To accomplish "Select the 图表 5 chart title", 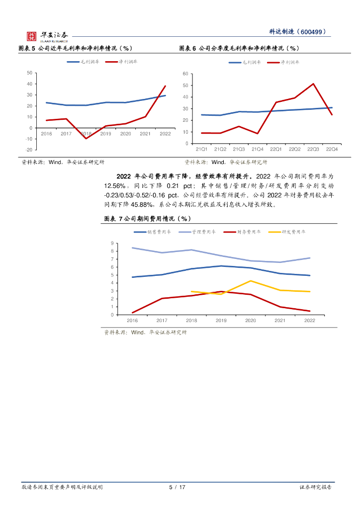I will tap(75, 48).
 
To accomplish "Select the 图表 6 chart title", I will tap(239, 48).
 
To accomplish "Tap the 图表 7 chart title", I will tap(148, 219).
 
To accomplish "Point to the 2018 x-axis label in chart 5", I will tap(86, 134).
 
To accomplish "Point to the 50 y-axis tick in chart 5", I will tap(29, 73).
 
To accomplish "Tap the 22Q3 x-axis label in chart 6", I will tap(313, 149).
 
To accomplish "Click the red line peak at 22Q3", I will tap(313, 84).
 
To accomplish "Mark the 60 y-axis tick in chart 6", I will tap(185, 74).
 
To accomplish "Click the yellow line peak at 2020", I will tap(250, 281).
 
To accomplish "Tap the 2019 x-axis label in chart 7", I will tap(221, 321).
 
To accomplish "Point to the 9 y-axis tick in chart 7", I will tap(112, 243).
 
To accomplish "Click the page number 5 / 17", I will tap(177, 487).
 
